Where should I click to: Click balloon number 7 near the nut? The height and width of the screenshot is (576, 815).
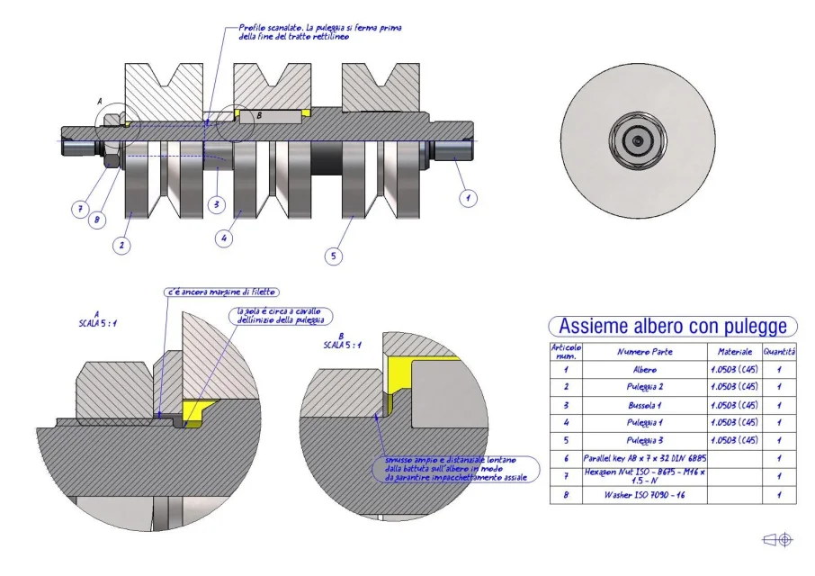coord(80,209)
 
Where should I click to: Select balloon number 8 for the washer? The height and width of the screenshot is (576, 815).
coord(98,217)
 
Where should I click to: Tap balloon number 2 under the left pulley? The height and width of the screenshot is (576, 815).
coord(122,243)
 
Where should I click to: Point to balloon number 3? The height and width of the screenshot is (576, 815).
coord(216,204)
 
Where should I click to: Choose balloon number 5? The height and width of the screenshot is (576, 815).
coord(334,256)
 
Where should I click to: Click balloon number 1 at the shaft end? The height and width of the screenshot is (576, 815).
coord(467,195)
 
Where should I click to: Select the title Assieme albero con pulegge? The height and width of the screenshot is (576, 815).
coord(672,325)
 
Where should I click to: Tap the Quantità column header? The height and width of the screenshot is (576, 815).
coord(780,352)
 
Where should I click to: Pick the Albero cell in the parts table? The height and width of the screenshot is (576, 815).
coord(645,369)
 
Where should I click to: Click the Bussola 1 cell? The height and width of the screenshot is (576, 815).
coord(645,404)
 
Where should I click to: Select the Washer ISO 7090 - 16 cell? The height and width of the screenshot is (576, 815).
coord(645,495)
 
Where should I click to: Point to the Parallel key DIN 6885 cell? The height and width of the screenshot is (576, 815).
coord(645,458)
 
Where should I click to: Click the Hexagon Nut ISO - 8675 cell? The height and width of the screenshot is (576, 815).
coord(645,476)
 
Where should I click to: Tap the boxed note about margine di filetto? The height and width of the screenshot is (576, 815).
coord(221,292)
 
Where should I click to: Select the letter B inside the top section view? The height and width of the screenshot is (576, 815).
coord(259,115)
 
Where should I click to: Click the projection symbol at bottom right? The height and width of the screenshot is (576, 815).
coord(777,539)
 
